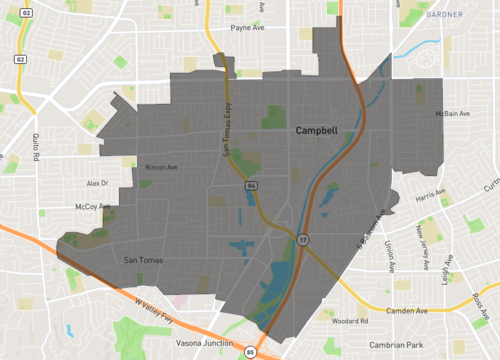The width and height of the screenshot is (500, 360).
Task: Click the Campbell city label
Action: [x=316, y=131]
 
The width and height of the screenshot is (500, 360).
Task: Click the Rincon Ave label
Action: [x=161, y=167]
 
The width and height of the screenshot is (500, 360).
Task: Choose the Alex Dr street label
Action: [x=97, y=184]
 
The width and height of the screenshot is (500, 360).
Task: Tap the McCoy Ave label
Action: [x=92, y=207]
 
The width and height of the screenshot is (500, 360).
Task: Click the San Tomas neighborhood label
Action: [x=142, y=261]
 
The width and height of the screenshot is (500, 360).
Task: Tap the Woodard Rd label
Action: [x=351, y=322]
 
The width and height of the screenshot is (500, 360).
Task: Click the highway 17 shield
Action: [x=302, y=240]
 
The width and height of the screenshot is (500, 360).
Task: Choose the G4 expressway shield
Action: [x=252, y=186]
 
